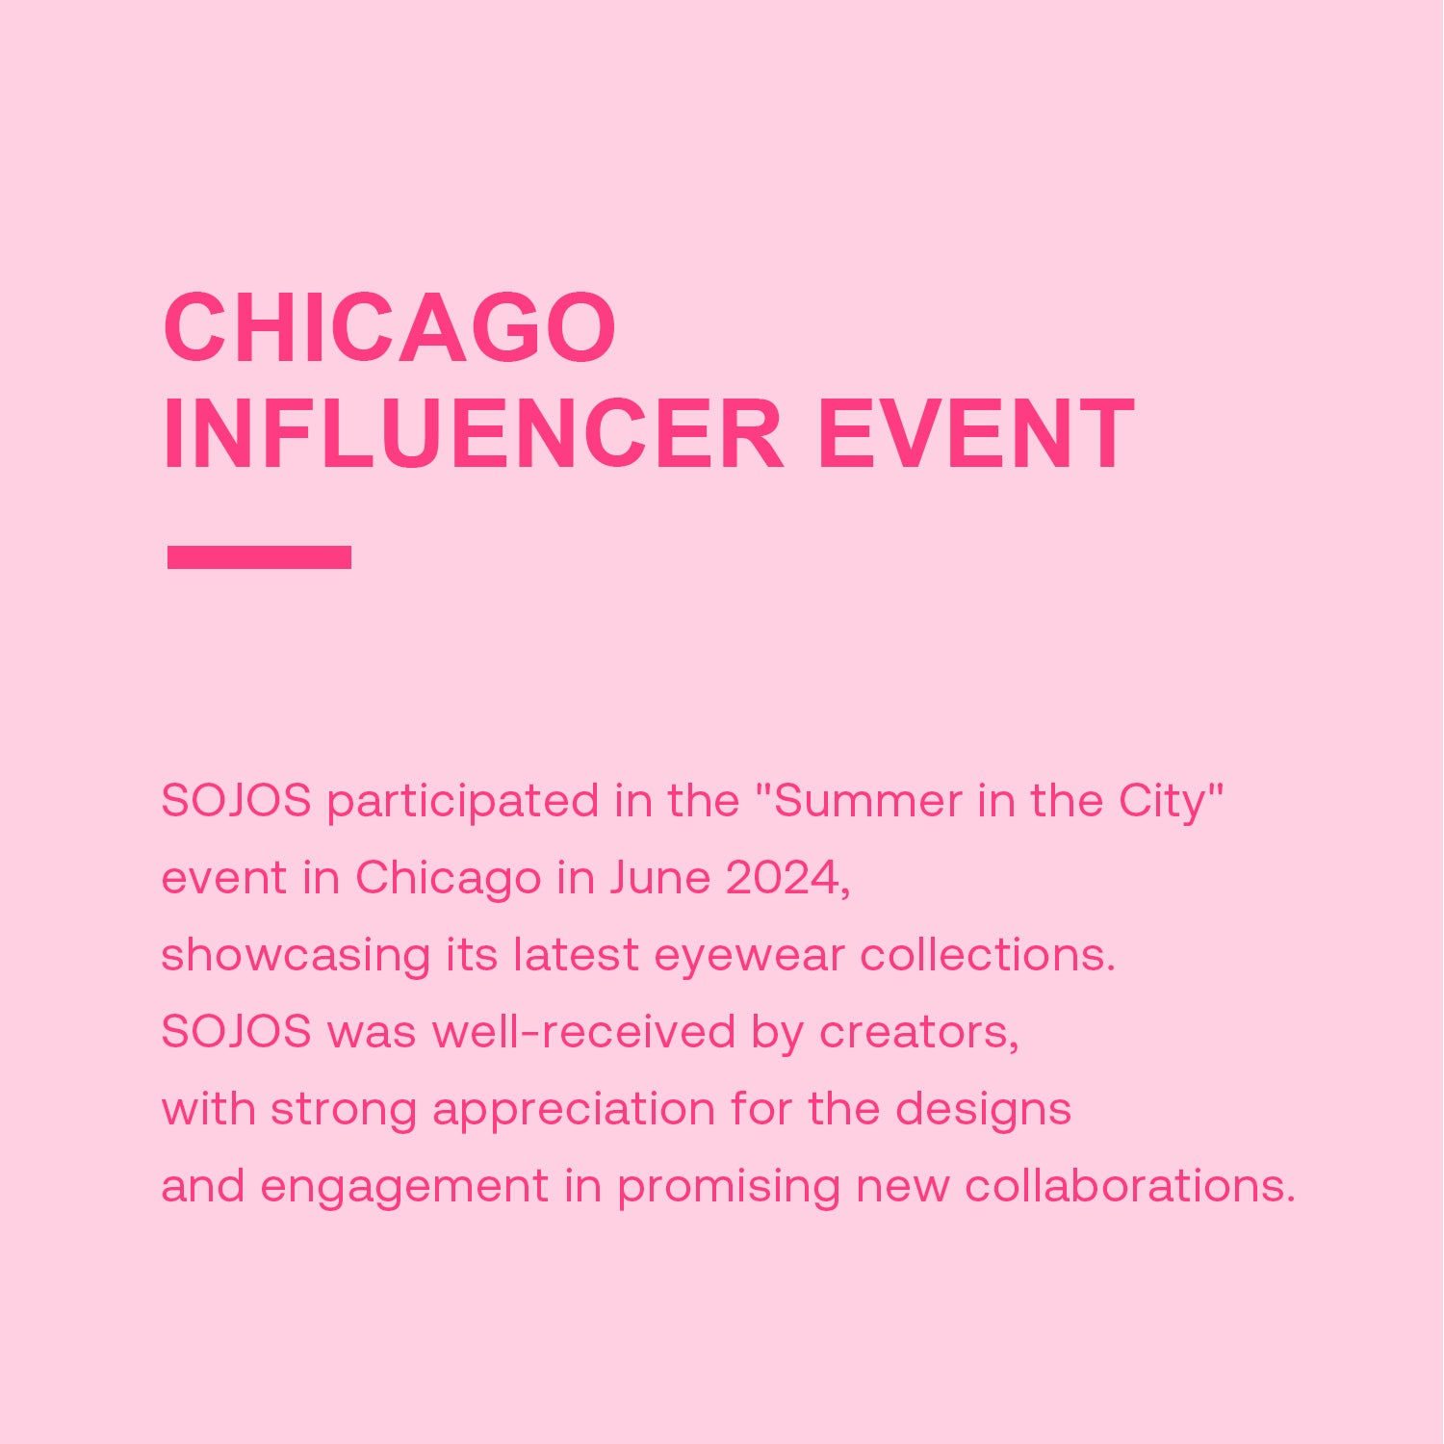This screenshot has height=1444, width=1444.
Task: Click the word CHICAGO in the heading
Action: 390,327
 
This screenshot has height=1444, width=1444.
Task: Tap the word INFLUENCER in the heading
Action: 474,434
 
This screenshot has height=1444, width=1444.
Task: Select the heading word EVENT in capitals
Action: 975,434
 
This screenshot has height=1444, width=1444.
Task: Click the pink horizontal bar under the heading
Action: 259,557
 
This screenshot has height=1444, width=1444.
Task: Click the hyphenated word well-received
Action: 584,1032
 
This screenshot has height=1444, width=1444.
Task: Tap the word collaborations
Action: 1130,1186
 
